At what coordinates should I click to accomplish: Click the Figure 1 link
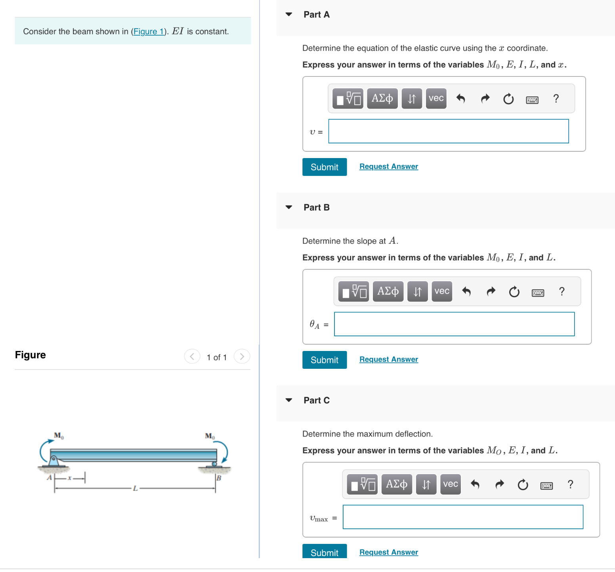tap(149, 32)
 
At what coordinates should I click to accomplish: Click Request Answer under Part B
tap(388, 359)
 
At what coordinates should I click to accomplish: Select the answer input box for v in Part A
tap(448, 131)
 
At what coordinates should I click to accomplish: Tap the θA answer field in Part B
tap(454, 324)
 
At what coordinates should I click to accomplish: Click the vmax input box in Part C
tap(462, 517)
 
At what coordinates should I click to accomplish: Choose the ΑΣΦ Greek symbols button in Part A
tap(382, 99)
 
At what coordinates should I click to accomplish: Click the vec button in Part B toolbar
tap(442, 292)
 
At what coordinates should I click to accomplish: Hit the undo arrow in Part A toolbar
tap(460, 99)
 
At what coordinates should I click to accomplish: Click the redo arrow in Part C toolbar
tap(500, 484)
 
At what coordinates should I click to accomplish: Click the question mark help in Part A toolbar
tap(556, 99)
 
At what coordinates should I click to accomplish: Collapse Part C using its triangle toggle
tap(289, 400)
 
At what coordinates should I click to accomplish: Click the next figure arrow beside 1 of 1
tap(242, 357)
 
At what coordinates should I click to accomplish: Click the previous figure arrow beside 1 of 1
tap(192, 357)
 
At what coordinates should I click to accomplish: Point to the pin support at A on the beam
tap(53, 461)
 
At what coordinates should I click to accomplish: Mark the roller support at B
tap(214, 464)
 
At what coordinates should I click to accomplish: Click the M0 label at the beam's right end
tap(210, 436)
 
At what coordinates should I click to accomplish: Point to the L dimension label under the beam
tap(135, 488)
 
